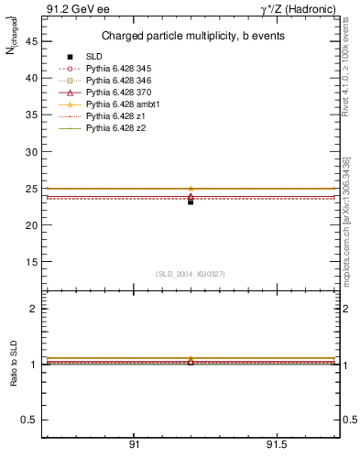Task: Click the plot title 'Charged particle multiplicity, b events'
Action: pos(191,37)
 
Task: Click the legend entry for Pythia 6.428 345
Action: pos(118,69)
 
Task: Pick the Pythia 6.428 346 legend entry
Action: pos(118,81)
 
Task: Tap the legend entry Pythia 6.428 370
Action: pos(118,93)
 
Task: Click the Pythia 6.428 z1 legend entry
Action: pos(115,116)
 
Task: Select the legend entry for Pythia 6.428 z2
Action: pos(115,128)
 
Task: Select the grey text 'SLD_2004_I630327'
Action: pos(191,274)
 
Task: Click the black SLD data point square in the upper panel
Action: pos(191,201)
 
